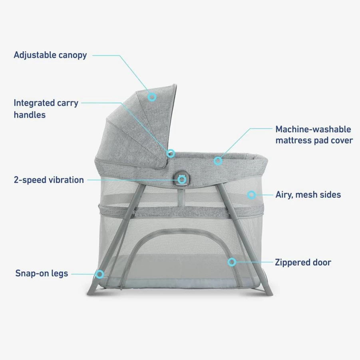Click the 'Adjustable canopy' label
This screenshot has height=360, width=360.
point(50,55)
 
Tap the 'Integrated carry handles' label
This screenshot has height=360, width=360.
point(46,109)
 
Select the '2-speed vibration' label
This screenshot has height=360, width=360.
point(49,180)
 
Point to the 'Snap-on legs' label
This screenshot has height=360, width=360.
point(42,273)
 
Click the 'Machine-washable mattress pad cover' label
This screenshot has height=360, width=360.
point(314,135)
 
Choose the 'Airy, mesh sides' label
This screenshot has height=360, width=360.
point(308,195)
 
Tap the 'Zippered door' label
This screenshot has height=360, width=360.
point(303,262)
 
